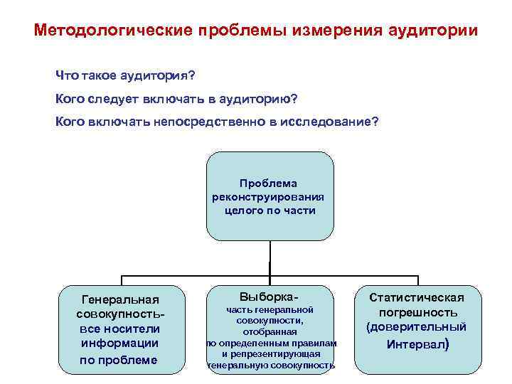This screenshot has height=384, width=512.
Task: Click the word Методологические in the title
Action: click(115, 32)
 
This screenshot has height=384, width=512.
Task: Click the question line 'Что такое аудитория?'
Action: click(126, 75)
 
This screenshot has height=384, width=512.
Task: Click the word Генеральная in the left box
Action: click(120, 300)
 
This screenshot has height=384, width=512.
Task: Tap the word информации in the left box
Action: click(120, 343)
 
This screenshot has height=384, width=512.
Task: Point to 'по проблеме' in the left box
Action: click(120, 359)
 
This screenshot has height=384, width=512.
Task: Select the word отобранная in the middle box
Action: click(270, 331)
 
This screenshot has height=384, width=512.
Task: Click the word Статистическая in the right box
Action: click(417, 298)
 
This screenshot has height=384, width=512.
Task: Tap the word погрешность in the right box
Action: click(417, 313)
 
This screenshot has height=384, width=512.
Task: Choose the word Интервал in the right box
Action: click(416, 345)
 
